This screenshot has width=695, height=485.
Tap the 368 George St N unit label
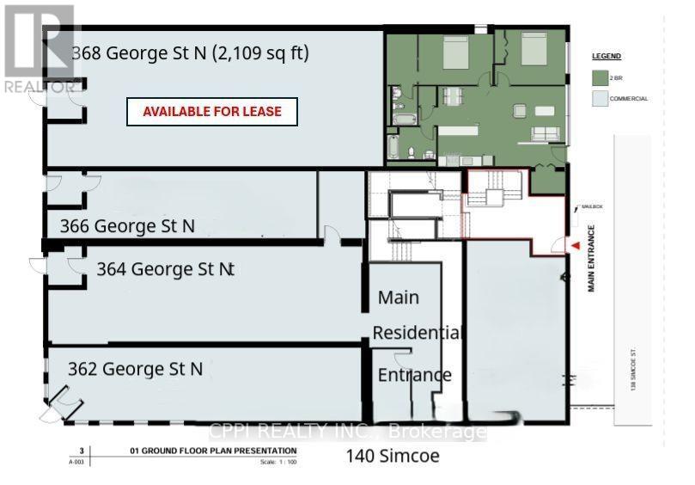pyautogui.click(x=190, y=53)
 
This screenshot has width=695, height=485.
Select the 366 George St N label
pyautogui.click(x=127, y=226)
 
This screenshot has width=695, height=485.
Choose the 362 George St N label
pyautogui.click(x=136, y=369)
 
